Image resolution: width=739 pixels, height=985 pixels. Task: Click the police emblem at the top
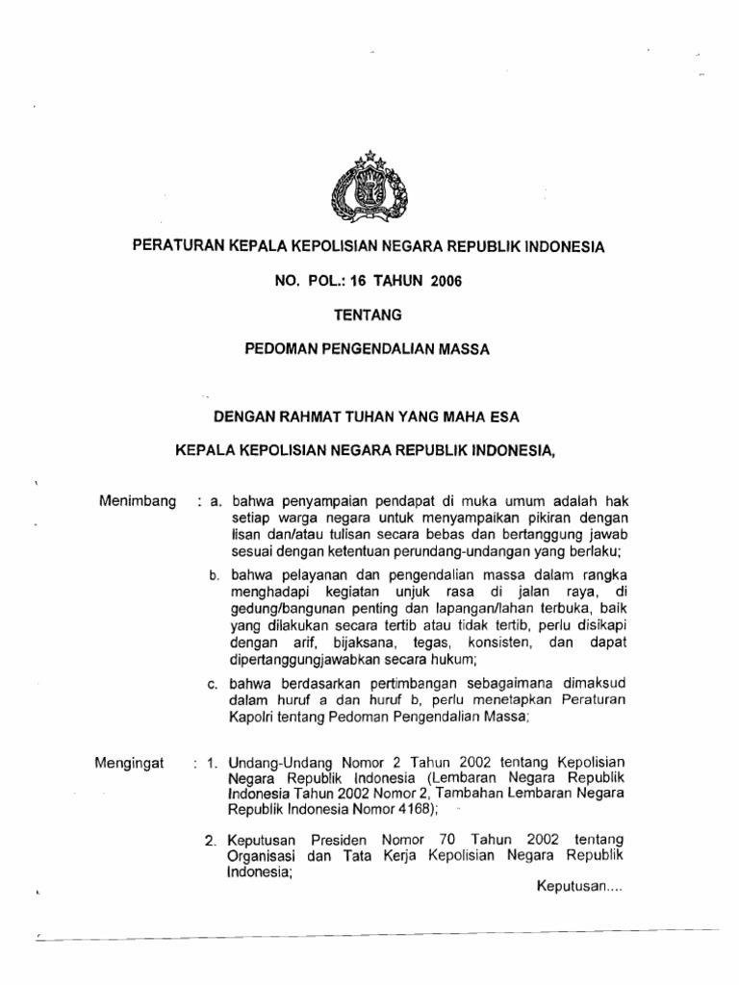(369, 188)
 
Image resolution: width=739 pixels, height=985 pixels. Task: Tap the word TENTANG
(369, 315)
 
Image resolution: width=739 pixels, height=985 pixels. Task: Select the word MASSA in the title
(466, 349)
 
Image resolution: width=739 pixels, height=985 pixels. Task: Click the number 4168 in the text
(394, 810)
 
